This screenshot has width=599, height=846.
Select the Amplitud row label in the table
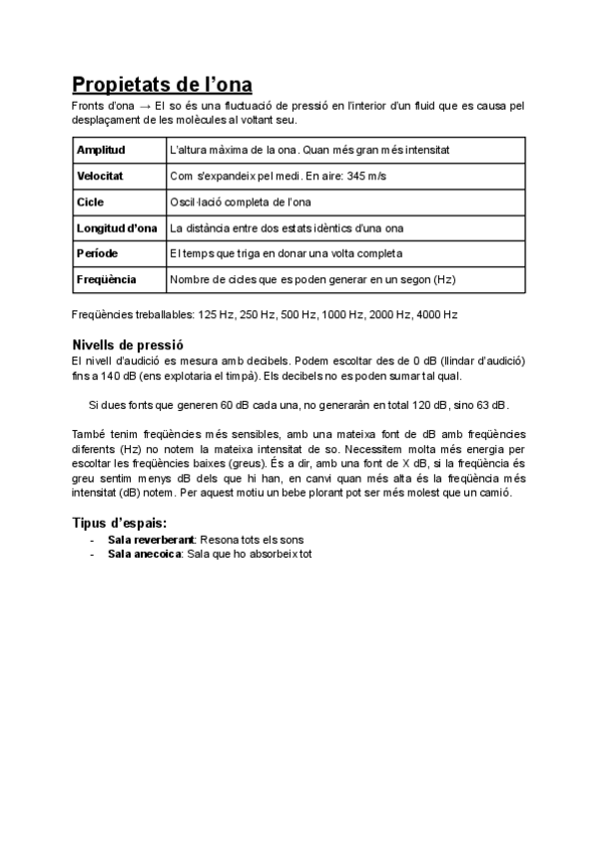101,150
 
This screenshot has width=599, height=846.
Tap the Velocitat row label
100,176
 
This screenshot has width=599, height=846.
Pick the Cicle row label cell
91,202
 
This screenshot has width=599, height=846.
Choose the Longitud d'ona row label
117,227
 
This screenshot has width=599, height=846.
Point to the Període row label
97,253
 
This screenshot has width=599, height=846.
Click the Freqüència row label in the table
106,279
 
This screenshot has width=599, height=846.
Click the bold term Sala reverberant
152,539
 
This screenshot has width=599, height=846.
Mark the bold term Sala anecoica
144,553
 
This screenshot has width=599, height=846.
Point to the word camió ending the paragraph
493,493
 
